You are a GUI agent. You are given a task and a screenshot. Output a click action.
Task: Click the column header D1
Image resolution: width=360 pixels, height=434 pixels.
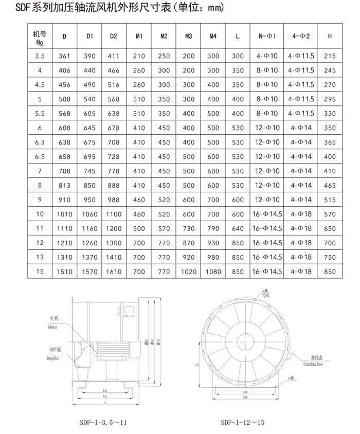[x=89, y=37]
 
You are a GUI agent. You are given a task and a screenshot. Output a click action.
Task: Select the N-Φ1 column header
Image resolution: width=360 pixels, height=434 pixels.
[x=267, y=37]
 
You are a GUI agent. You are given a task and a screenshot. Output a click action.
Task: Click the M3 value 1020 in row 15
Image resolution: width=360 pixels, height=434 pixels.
[x=188, y=272]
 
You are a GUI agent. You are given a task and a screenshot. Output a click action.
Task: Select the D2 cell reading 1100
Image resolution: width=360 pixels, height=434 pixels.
[x=114, y=214]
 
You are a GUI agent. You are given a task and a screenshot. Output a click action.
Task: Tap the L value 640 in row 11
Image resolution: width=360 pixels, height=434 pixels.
[x=238, y=228]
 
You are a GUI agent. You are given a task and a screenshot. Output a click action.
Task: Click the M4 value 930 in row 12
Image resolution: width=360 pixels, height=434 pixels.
[x=213, y=243]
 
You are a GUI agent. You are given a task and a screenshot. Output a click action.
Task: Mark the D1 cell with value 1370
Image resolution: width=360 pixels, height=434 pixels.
[x=89, y=257]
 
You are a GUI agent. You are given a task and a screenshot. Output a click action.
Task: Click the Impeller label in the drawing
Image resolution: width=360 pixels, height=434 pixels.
[x=52, y=357]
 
